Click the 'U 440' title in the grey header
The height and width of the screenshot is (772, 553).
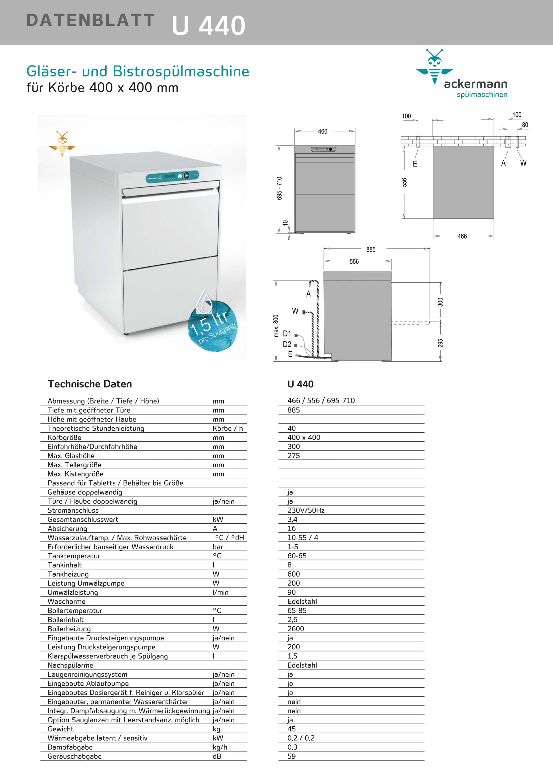[x=208, y=25]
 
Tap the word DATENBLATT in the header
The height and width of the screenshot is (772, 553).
[x=90, y=20]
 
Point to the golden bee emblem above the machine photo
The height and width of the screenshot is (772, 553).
[x=62, y=144]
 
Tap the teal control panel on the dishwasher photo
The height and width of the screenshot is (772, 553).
[x=172, y=176]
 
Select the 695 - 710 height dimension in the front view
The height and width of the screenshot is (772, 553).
[x=279, y=188]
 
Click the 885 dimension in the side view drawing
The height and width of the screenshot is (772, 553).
[x=371, y=249]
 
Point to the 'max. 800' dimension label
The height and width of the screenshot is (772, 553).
[x=276, y=326]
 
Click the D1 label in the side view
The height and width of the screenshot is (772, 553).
[x=287, y=334]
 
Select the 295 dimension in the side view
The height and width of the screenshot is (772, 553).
[x=440, y=343]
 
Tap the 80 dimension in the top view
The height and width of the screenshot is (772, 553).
[x=525, y=125]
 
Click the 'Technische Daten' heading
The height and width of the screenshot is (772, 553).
[x=90, y=384]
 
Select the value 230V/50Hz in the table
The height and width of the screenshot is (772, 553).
[x=306, y=510]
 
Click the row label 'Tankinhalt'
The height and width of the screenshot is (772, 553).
[x=65, y=565]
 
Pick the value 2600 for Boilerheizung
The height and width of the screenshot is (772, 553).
[x=296, y=629]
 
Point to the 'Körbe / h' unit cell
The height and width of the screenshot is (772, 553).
[x=228, y=428]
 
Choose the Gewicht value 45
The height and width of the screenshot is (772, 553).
[x=292, y=729]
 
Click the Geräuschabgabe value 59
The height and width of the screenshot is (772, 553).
[x=292, y=756]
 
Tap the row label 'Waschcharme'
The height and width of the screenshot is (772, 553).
[x=66, y=601]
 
